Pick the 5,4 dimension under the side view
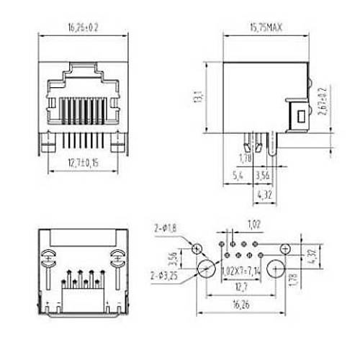(x=238, y=174)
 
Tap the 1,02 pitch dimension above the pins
(x=253, y=223)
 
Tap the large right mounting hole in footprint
(x=276, y=271)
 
